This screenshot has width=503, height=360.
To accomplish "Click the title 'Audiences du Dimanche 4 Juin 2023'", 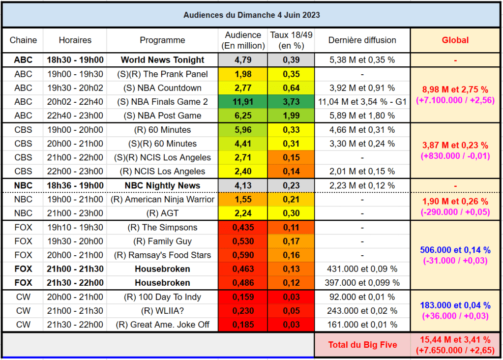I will (251, 15).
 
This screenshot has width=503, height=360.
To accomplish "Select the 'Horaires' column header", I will (75, 40).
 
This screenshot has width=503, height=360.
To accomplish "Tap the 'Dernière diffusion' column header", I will (362, 40).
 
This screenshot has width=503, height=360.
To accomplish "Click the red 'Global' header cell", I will (455, 40).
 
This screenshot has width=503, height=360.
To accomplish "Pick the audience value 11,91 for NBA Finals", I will (242, 102).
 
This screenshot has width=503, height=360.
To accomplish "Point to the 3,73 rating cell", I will (291, 102).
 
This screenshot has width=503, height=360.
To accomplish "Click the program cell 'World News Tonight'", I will (162, 60).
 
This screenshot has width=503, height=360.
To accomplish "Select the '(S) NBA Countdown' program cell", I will (162, 88).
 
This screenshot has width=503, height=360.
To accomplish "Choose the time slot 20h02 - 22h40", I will (75, 102).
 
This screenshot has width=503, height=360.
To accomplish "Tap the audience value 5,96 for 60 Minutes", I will (242, 130).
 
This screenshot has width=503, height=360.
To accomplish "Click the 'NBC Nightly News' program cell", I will (162, 185).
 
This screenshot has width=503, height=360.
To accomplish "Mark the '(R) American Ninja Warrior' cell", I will (162, 199).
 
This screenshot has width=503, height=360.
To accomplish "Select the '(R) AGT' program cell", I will (162, 213).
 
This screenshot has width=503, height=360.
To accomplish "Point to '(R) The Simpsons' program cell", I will (162, 227).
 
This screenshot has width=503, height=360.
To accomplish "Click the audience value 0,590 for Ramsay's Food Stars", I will (242, 255).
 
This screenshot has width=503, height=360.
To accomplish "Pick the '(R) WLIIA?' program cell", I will (162, 311).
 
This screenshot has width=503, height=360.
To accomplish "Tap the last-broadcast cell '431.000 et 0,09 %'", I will (362, 269).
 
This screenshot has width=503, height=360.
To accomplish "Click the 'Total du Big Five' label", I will (362, 345).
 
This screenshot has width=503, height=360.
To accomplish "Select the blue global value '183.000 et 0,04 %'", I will (455, 305).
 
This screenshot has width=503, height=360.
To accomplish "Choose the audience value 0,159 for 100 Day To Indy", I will (242, 297).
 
